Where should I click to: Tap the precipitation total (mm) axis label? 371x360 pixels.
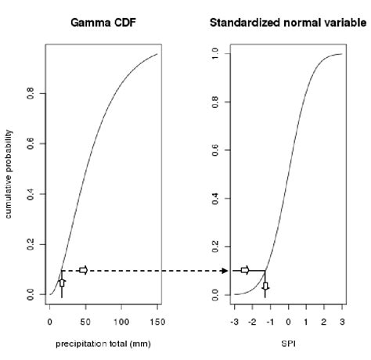(x=103, y=344)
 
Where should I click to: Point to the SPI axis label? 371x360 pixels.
(x=289, y=344)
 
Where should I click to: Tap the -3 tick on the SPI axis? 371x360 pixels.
(x=234, y=320)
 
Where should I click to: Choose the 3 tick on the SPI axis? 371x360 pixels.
(x=342, y=320)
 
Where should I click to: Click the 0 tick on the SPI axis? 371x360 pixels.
(x=288, y=320)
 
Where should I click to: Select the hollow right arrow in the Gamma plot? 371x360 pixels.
(x=83, y=270)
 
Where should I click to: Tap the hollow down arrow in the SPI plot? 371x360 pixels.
(x=265, y=290)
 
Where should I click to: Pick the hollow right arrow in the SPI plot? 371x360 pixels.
(x=244, y=270)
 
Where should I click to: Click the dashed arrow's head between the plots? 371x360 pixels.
(x=225, y=271)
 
